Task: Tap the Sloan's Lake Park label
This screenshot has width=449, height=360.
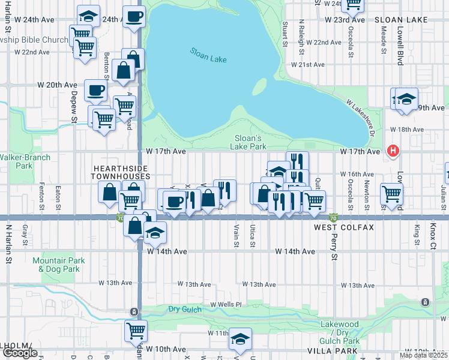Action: [x=249, y=142]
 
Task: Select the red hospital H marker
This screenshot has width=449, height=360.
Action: [x=393, y=151]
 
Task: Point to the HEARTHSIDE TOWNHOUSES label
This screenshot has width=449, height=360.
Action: [x=120, y=172]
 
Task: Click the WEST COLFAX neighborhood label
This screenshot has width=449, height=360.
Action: [x=344, y=228]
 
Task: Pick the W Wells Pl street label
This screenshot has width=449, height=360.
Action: [x=225, y=304]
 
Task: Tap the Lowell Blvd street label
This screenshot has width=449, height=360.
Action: [x=399, y=49]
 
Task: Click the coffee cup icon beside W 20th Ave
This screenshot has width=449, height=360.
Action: [x=95, y=91]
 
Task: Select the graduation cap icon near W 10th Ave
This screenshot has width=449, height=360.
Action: [x=240, y=339]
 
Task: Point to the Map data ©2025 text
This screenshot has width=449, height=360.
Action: [x=423, y=355]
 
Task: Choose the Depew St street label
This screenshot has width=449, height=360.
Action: [x=74, y=108]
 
